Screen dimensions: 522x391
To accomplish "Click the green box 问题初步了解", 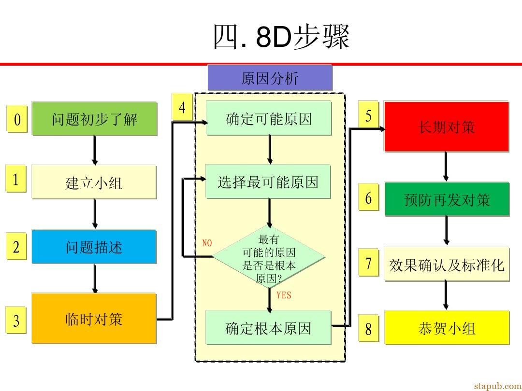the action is [95, 119].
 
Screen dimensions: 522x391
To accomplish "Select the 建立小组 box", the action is [94, 182].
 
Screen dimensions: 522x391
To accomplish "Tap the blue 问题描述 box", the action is [94, 247].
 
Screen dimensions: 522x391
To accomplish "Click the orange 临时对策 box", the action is [94, 318].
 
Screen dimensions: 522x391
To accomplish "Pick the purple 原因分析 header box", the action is [270, 78].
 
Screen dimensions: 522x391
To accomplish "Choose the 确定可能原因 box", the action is [269, 118].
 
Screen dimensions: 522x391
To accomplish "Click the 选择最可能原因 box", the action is [268, 182].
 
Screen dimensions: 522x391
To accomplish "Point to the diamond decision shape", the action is [269, 257].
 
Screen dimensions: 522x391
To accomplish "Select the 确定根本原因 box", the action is [268, 327].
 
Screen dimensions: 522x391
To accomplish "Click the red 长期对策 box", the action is [447, 126].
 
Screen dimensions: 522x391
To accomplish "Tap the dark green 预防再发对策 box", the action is [447, 199].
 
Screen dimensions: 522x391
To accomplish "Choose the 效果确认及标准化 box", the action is [447, 264].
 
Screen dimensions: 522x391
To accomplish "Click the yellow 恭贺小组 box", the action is [447, 327].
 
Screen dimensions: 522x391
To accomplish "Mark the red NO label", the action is [207, 243].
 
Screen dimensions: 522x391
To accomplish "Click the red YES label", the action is [284, 295].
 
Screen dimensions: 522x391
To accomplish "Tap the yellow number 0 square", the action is [17, 119].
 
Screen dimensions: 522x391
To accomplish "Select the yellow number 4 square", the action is [182, 107].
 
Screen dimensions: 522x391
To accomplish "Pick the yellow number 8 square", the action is [368, 328].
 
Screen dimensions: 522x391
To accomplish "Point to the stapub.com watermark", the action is [498, 386].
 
